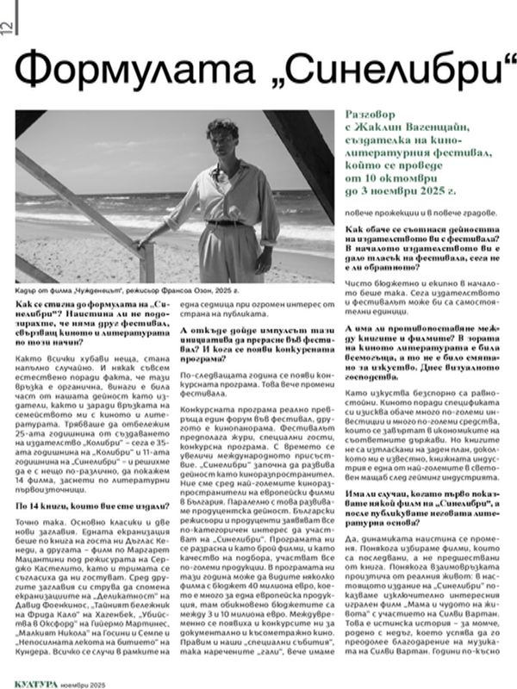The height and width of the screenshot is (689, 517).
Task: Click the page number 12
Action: (x=8, y=27)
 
